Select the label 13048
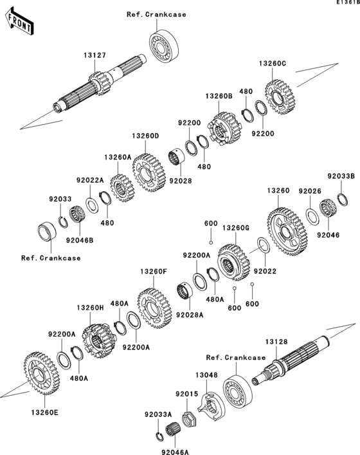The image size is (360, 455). pyautogui.click(x=197, y=374)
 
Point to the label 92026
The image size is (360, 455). pyautogui.click(x=311, y=191)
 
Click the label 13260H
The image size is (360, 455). pyautogui.click(x=91, y=308)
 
